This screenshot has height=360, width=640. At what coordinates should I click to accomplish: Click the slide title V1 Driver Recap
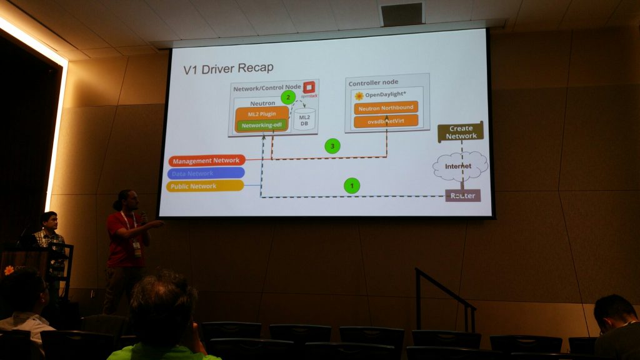click(228, 68)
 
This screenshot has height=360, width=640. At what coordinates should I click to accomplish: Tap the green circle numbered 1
click(352, 185)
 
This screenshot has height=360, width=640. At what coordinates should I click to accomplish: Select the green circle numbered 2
click(287, 97)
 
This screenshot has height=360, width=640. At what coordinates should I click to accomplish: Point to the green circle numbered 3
click(332, 146)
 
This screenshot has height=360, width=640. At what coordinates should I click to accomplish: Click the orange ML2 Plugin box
click(261, 113)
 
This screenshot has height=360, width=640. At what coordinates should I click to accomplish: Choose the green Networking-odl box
click(261, 125)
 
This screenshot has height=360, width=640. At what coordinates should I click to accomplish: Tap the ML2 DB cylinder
click(304, 119)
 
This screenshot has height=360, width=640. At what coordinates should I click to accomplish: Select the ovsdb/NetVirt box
click(386, 121)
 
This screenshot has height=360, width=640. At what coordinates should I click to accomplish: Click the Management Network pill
click(206, 161)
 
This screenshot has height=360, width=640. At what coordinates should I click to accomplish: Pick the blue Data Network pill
click(206, 173)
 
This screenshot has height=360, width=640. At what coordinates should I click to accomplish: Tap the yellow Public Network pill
click(205, 186)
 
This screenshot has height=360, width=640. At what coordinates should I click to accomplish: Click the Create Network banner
click(461, 132)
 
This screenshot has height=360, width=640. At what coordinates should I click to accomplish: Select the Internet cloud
click(460, 166)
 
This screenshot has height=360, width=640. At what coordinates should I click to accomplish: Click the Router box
click(463, 196)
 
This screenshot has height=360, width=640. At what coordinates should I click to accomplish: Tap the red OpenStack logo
click(307, 88)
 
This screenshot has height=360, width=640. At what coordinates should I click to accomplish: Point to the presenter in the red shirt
click(127, 247)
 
